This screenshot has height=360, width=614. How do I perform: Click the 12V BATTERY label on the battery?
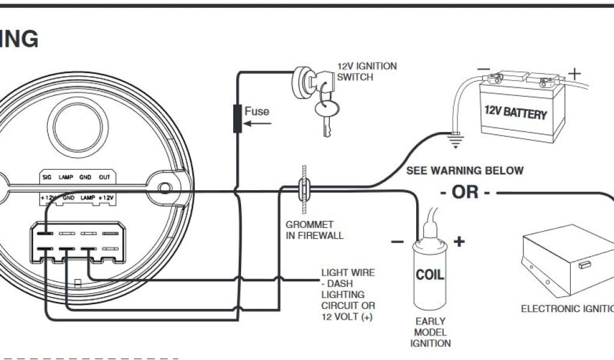[x=516, y=112]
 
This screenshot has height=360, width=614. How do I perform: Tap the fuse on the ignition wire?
[x=238, y=118]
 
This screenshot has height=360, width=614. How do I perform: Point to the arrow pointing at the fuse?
[x=258, y=125]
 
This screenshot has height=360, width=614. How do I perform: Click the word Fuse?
[x=257, y=111]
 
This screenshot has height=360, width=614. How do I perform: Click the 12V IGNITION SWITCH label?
[x=367, y=71]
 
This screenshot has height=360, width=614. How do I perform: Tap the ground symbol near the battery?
[x=456, y=142]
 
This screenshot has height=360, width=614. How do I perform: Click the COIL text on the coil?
[x=431, y=275]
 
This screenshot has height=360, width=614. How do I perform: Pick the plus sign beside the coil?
[x=459, y=242]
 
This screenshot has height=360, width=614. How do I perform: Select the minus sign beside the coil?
[x=397, y=242]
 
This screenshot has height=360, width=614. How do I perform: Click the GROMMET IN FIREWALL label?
[x=315, y=230]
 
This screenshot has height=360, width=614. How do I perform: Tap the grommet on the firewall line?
[x=305, y=191]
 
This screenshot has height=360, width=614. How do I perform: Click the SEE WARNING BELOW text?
[x=465, y=170]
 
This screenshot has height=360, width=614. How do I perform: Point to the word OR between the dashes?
[x=466, y=193]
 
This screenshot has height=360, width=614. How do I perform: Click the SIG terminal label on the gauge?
[x=47, y=178]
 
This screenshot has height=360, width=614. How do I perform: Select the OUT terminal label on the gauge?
[x=104, y=178]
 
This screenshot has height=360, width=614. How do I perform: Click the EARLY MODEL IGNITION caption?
[x=430, y=332]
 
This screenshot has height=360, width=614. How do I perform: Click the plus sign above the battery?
[x=574, y=74]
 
